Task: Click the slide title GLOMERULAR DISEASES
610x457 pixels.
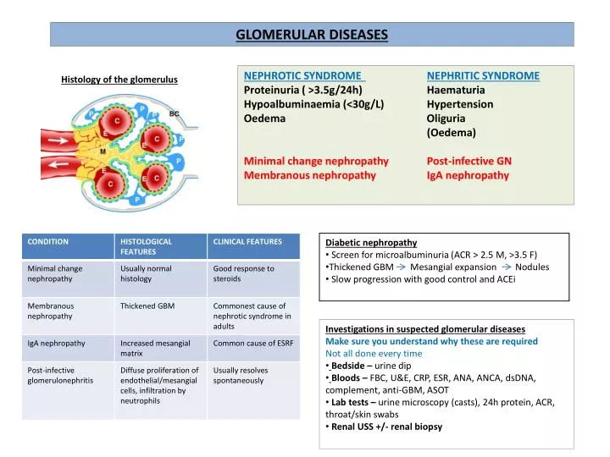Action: (311, 35)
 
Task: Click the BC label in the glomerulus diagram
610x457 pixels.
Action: (174, 113)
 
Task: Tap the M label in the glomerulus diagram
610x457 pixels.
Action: (103, 152)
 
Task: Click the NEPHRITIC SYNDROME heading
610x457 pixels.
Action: (483, 75)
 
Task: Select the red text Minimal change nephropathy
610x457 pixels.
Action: (316, 161)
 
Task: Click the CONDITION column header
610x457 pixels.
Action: (48, 242)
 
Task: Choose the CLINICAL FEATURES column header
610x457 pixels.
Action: (247, 242)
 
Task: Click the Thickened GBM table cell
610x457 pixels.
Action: (147, 306)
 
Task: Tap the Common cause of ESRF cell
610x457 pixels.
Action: (252, 343)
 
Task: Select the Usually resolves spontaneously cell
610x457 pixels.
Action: (241, 375)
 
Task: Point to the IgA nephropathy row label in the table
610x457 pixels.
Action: (57, 343)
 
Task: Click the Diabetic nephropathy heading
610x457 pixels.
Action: (371, 242)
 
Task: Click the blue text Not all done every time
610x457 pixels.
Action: (374, 354)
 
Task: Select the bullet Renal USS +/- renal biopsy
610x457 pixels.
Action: (386, 427)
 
